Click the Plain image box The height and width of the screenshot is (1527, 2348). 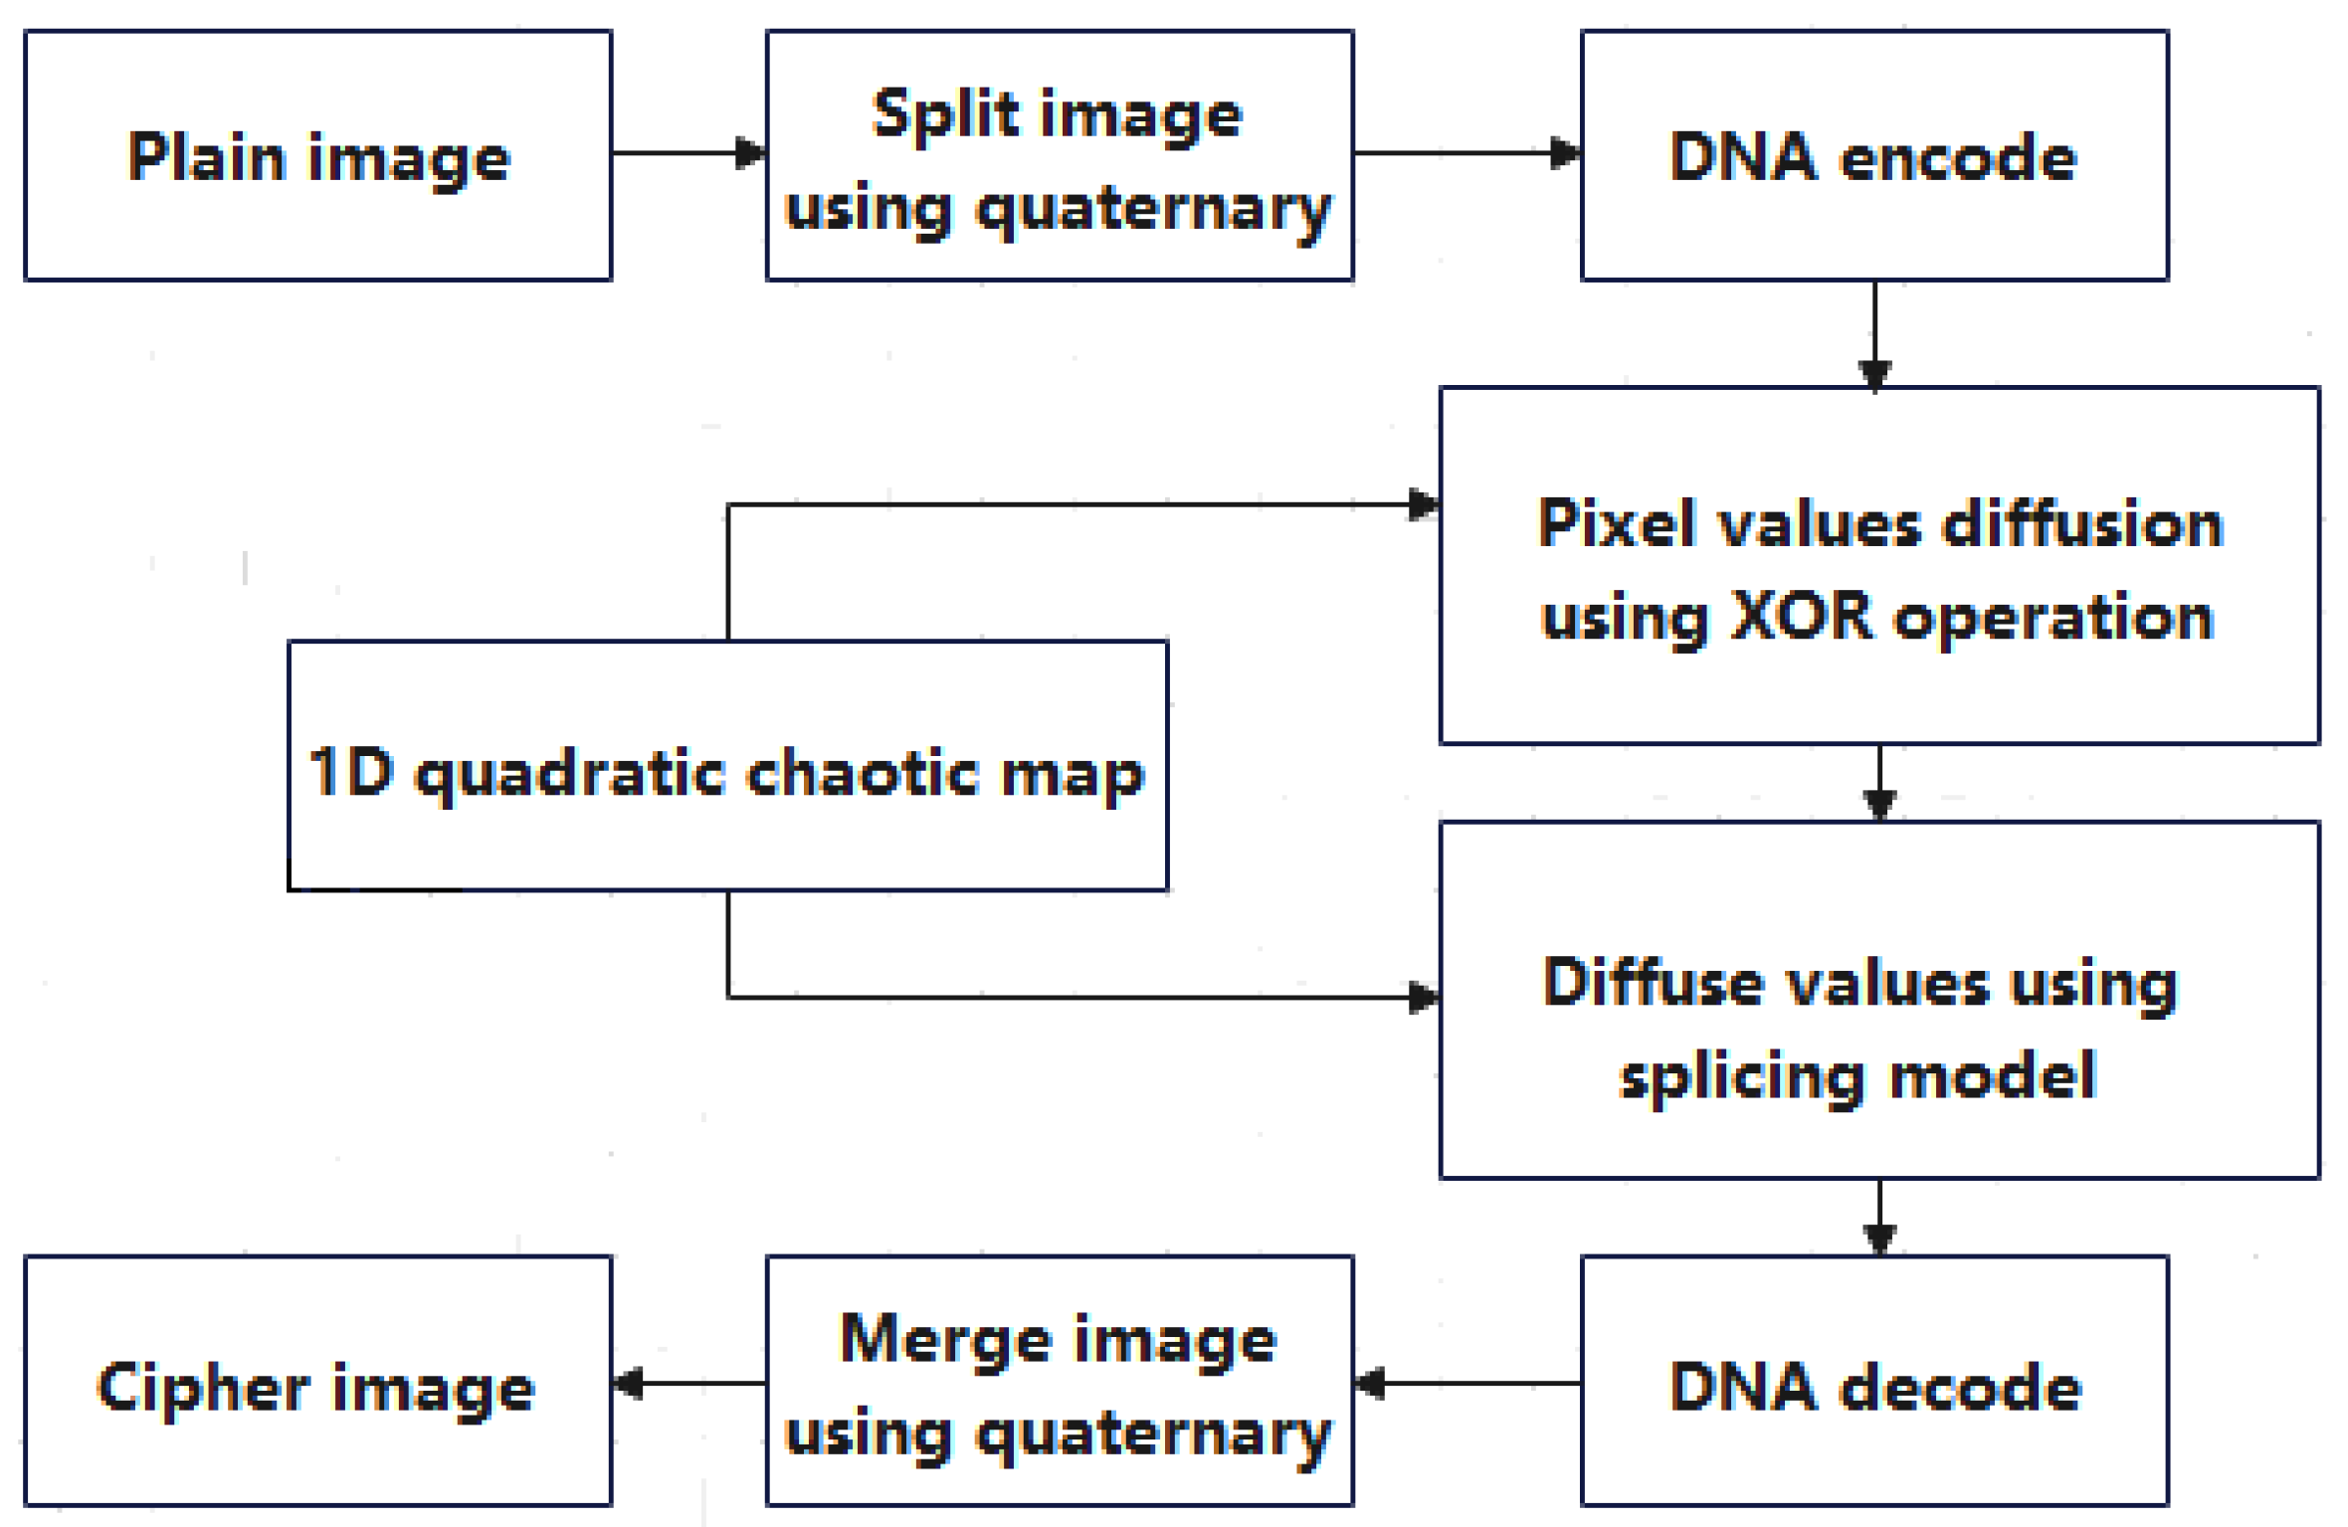coord(317,155)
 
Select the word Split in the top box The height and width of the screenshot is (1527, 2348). coord(945,115)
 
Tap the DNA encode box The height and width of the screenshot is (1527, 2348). coord(1873,155)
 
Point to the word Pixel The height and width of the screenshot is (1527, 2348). coord(1623,523)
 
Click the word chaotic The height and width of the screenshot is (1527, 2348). coord(862,773)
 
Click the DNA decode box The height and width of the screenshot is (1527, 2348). coord(1873,1386)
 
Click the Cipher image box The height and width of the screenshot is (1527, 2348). coord(317,1386)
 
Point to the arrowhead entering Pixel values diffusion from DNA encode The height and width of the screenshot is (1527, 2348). coord(1874,375)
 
